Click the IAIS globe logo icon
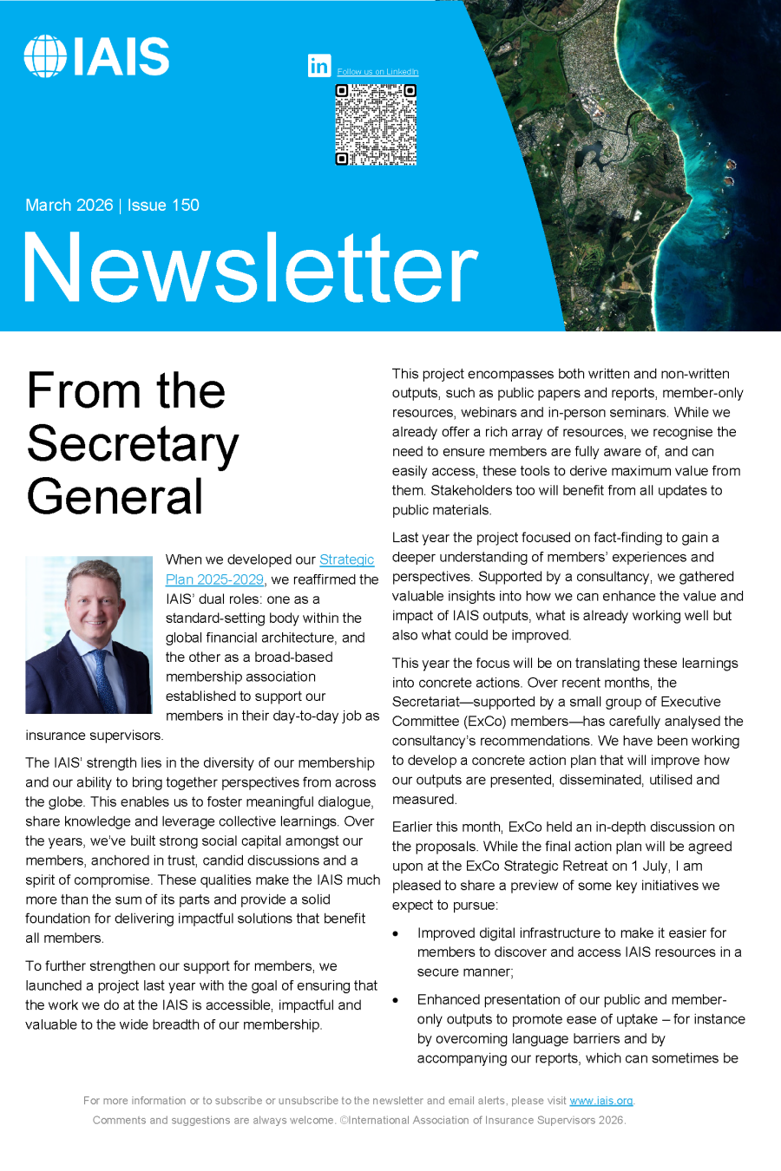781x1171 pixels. pyautogui.click(x=45, y=56)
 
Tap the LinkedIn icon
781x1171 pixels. pyautogui.click(x=319, y=65)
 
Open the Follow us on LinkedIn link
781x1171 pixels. pyautogui.click(x=377, y=72)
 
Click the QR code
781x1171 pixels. pyautogui.click(x=376, y=124)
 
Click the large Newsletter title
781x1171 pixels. pyautogui.click(x=250, y=269)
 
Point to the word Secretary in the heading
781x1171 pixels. pyautogui.click(x=133, y=444)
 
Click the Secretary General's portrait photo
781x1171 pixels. pyautogui.click(x=89, y=634)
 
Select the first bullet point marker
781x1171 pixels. pyautogui.click(x=396, y=933)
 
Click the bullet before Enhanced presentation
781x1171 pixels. pyautogui.click(x=396, y=1000)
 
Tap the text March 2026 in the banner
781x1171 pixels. pyautogui.click(x=69, y=206)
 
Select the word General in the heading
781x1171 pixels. pyautogui.click(x=115, y=497)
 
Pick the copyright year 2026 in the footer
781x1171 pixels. pyautogui.click(x=611, y=1120)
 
